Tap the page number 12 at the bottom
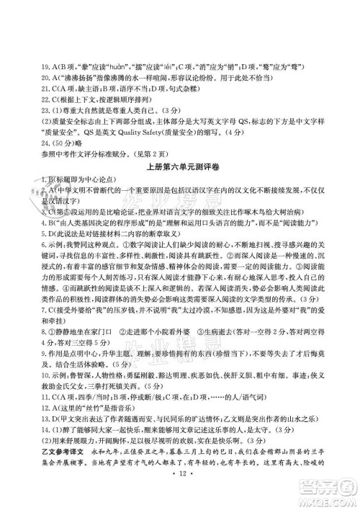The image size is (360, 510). [x=181, y=500]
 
